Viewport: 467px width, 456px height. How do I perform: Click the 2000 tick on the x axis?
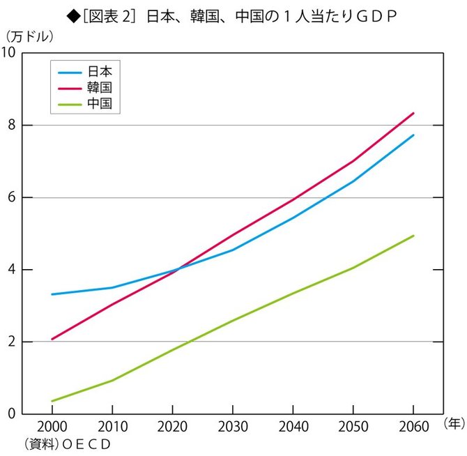(x=52, y=426)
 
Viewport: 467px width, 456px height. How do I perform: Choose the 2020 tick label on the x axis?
(x=172, y=426)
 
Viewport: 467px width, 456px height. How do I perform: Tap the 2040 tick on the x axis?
(x=293, y=426)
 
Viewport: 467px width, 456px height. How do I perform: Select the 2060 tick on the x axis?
(x=413, y=426)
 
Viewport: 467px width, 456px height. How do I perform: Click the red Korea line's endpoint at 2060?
(x=413, y=113)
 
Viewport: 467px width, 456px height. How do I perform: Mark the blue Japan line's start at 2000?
(x=52, y=294)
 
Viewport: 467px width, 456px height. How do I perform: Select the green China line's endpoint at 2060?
(x=413, y=236)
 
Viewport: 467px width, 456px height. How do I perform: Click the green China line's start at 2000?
(x=52, y=401)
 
